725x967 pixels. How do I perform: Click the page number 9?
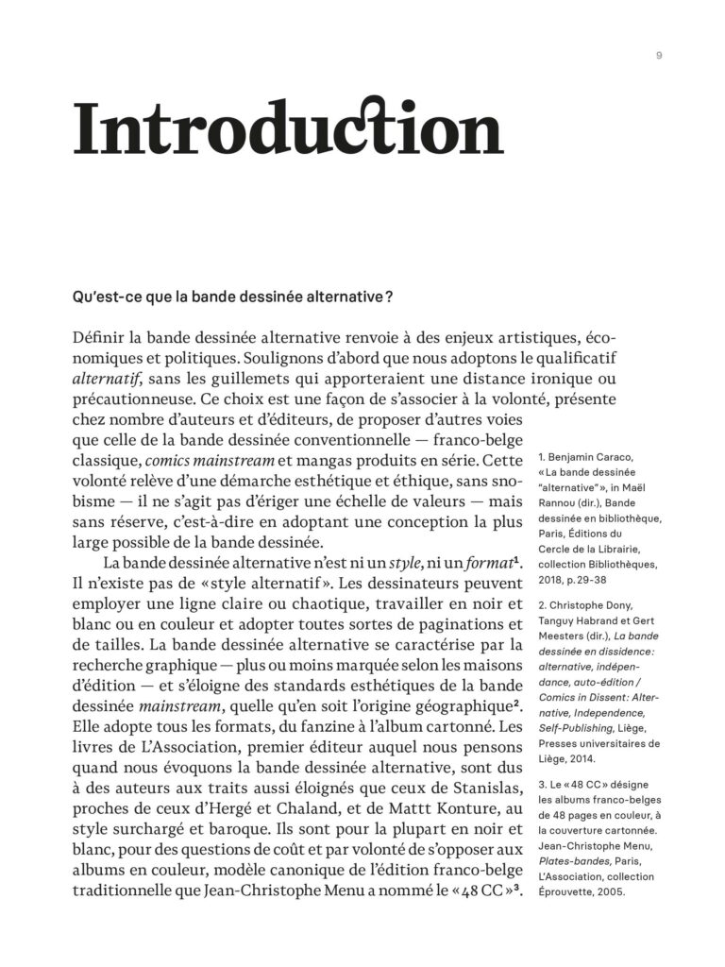pos(659,56)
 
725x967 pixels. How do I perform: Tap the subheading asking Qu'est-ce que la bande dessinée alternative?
pos(233,296)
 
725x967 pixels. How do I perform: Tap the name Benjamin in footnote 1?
pos(580,457)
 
